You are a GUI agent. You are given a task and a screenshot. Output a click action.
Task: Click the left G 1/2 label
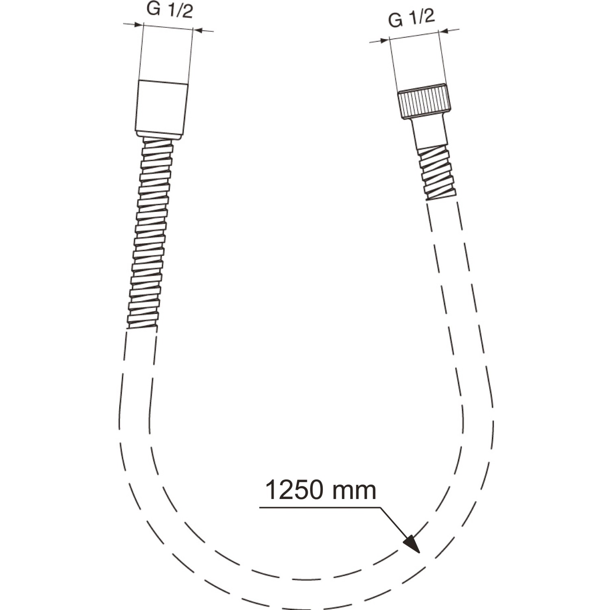click(169, 11)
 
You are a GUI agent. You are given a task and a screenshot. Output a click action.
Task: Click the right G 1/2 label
click(412, 18)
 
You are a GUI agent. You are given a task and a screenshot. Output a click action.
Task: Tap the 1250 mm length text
click(320, 490)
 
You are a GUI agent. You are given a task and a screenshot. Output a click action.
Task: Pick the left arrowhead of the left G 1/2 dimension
click(139, 25)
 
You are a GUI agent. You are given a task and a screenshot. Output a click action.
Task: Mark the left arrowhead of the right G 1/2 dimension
click(385, 40)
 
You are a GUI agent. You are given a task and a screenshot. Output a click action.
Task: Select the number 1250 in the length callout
click(294, 490)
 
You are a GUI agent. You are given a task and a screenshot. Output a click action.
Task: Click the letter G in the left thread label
click(154, 10)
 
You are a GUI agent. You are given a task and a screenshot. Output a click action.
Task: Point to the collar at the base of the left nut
click(159, 135)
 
